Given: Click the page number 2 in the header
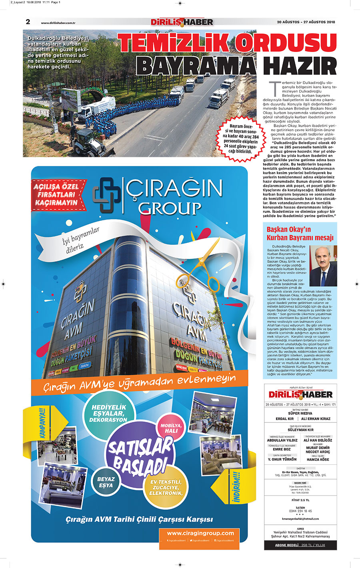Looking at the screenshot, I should click(28, 22).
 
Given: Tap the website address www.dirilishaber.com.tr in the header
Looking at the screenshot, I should click(58, 23).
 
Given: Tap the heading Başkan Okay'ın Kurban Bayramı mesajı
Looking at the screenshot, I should click(300, 234).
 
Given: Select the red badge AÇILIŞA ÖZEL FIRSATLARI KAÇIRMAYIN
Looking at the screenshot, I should click(56, 195).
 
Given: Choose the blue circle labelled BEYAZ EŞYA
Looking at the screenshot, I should click(106, 482).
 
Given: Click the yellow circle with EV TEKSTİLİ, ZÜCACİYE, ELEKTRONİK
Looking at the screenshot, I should click(166, 488).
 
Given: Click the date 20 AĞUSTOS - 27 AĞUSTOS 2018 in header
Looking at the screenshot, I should click(306, 22).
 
